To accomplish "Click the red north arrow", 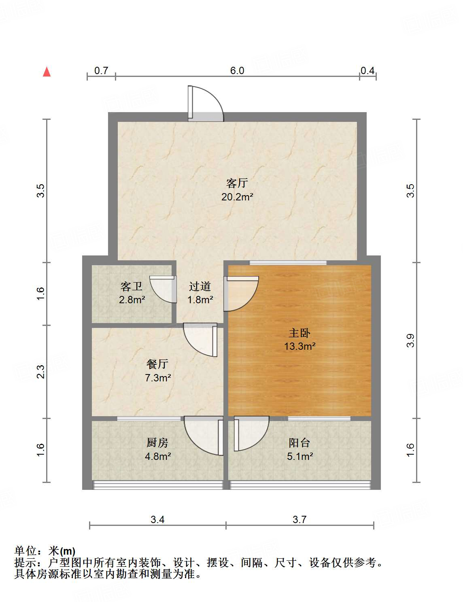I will (x=47, y=72).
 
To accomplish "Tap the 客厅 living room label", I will (x=237, y=183).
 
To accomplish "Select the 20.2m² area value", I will (x=237, y=197).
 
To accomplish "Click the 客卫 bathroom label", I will (x=132, y=287).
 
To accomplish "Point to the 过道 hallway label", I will (x=200, y=287).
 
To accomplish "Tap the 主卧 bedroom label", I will (x=299, y=333).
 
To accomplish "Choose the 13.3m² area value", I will (x=299, y=347).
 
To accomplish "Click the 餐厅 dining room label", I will (x=157, y=364).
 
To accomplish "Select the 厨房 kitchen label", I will (x=157, y=443).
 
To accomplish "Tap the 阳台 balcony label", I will (x=299, y=443).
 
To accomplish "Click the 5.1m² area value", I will (x=299, y=457).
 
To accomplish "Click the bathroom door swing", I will (x=164, y=289).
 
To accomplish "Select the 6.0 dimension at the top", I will (x=237, y=71).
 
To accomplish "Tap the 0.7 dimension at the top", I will (x=101, y=71).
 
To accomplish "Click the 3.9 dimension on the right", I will (x=411, y=340).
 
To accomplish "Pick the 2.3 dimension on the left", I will (x=41, y=372).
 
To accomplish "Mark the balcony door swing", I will (x=251, y=433).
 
